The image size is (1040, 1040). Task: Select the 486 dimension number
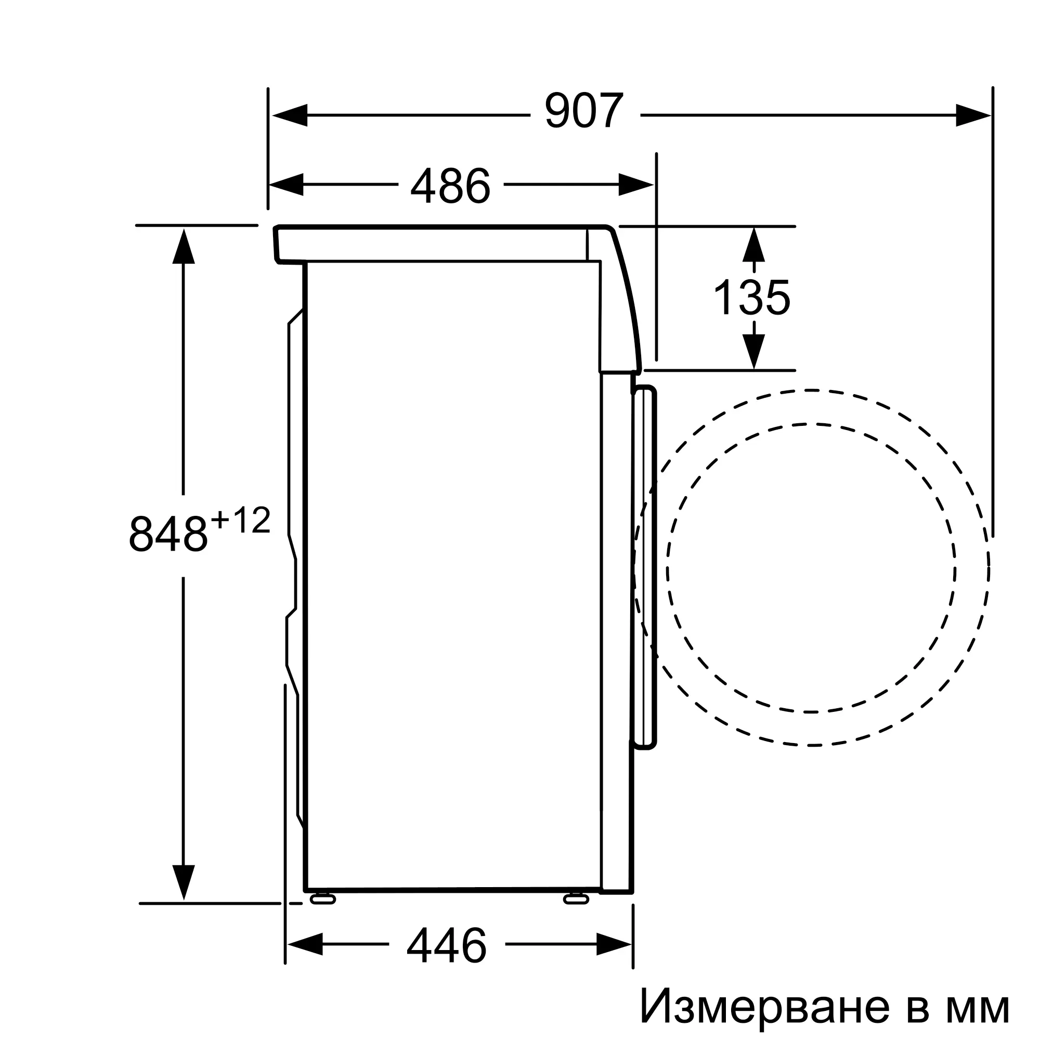[450, 185]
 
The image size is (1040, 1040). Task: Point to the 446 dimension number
[446, 946]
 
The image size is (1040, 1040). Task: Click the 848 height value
[168, 533]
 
